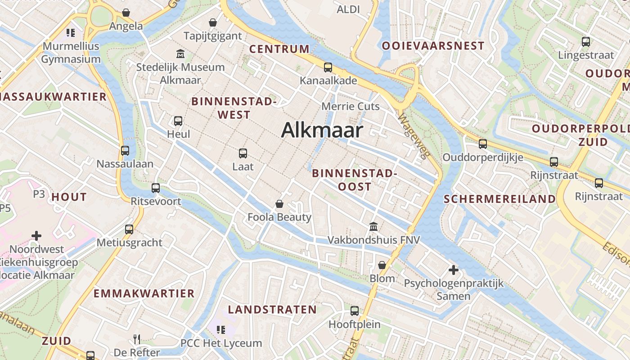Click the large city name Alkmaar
coord(322,130)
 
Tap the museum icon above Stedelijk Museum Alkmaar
coord(180,54)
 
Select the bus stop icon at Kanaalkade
coord(328,67)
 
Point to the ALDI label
coord(348,9)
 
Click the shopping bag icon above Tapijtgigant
coord(213,22)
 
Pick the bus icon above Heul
coord(178,121)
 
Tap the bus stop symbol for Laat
coord(243,153)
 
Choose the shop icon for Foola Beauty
coord(279,204)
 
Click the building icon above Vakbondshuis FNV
coord(373,226)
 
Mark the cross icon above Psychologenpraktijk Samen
coord(454,270)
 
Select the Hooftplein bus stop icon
coord(355,310)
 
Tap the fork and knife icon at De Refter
coord(137,339)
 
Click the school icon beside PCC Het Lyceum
coord(220,330)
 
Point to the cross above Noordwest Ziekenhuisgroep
coord(36,235)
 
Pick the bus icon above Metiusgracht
coord(129,229)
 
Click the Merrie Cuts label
coord(351,107)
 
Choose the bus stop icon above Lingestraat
coord(586,42)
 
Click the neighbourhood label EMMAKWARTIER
coord(144,293)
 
